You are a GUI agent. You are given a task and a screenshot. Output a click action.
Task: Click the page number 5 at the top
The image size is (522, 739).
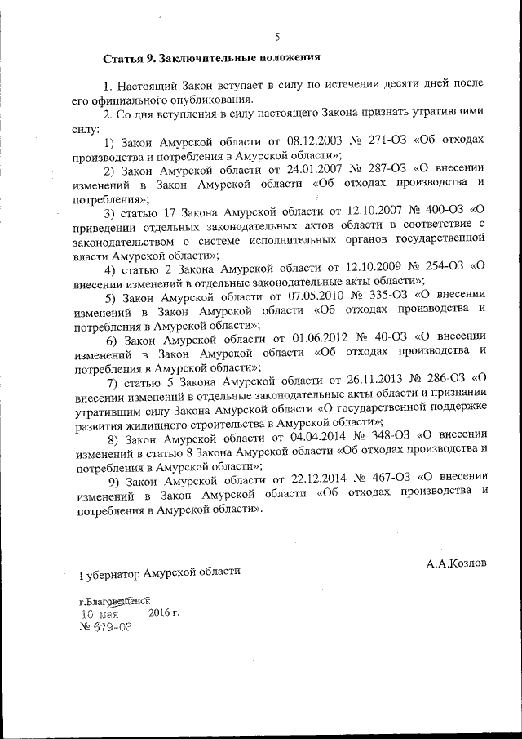coord(277,37)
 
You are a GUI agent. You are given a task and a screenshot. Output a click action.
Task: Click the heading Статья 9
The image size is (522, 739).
coord(130,59)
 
